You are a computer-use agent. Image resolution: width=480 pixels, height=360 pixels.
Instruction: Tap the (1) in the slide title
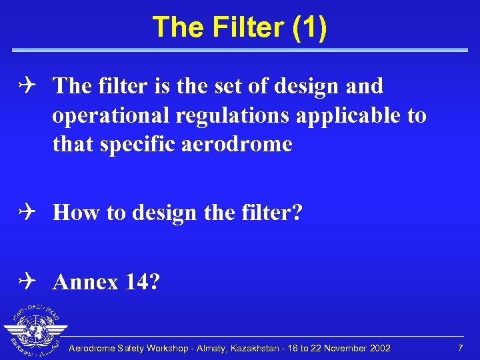click(309, 28)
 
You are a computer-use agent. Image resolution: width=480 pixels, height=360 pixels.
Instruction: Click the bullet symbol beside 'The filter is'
click(33, 85)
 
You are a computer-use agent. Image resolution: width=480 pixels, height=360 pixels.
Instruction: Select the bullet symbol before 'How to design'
click(33, 213)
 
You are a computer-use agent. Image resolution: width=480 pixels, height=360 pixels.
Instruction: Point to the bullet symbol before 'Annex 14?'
click(33, 282)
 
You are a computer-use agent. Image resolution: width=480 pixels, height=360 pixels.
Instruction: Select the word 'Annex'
click(85, 282)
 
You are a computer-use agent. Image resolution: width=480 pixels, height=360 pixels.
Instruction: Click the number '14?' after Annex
click(142, 282)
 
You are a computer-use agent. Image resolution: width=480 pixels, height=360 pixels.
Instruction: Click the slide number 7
click(460, 349)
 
